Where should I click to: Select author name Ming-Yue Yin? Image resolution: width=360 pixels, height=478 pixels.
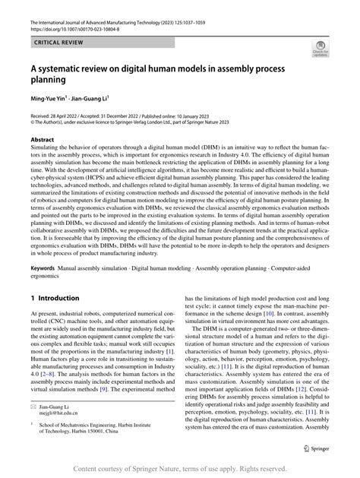(x=49, y=98)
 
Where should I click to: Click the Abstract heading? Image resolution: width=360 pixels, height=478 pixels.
(x=42, y=140)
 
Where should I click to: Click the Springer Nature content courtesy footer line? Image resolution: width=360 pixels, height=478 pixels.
(x=180, y=467)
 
